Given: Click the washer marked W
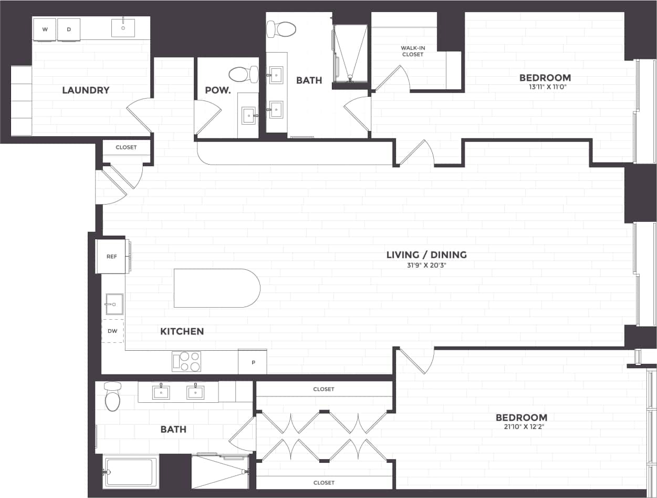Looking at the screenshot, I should pyautogui.click(x=45, y=29).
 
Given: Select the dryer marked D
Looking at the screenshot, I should pyautogui.click(x=69, y=29).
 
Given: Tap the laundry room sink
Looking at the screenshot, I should pyautogui.click(x=123, y=28).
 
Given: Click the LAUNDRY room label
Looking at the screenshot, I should pyautogui.click(x=86, y=90).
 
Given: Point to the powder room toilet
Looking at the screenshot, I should pyautogui.click(x=243, y=74).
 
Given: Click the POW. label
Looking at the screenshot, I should pyautogui.click(x=217, y=90).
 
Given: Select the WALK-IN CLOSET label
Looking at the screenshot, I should pyautogui.click(x=412, y=51).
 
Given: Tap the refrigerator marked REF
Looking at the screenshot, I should pyautogui.click(x=111, y=257).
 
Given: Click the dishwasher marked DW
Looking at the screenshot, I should pyautogui.click(x=112, y=331).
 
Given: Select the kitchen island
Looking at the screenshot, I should pyautogui.click(x=216, y=288).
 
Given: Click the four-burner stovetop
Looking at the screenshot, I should pyautogui.click(x=186, y=361).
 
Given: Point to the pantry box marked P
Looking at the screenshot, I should pyautogui.click(x=253, y=362).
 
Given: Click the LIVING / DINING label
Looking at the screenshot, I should pyautogui.click(x=426, y=255).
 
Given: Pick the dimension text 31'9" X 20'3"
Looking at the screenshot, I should pyautogui.click(x=426, y=266).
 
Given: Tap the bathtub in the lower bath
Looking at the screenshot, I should pyautogui.click(x=130, y=472).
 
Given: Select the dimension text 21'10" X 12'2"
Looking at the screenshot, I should pyautogui.click(x=521, y=428).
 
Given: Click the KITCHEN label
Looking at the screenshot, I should pyautogui.click(x=182, y=331).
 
